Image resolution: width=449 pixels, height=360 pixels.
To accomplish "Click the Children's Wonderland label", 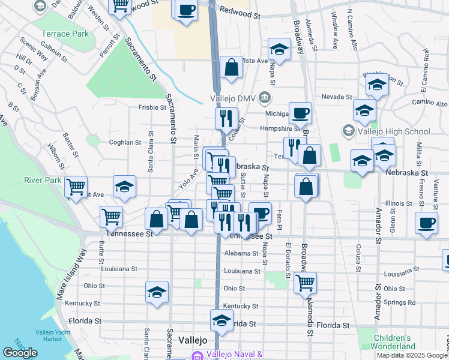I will [393, 342].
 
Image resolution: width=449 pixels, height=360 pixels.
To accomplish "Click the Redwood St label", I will [240, 10].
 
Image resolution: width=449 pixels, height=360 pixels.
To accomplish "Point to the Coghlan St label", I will [125, 143].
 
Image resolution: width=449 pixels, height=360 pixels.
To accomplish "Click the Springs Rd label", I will [402, 302].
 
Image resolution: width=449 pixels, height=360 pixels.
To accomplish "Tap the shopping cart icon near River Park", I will [76, 188].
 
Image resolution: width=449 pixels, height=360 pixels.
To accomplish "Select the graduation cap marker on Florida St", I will [221, 320].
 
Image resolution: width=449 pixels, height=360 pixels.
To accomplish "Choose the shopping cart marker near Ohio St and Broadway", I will [305, 281].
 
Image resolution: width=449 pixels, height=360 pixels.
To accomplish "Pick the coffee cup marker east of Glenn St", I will [426, 223].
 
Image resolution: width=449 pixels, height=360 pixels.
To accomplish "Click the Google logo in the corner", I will [20, 353].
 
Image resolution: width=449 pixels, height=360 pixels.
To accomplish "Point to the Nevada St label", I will [336, 97].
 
